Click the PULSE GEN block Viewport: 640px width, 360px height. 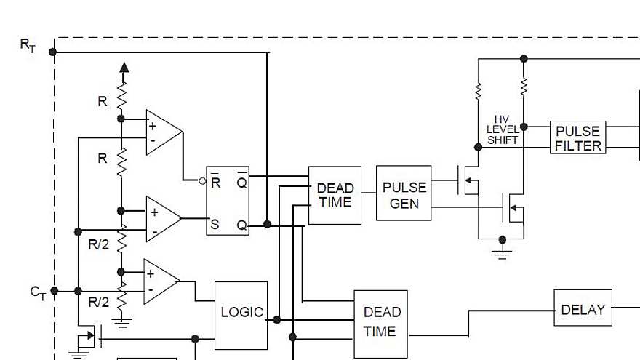[404, 193]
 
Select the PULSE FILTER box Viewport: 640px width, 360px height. [577, 137]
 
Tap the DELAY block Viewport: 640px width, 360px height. [583, 308]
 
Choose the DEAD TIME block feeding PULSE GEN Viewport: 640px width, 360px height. [335, 195]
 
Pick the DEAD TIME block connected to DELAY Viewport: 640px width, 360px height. [380, 323]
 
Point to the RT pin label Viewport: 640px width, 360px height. [28, 45]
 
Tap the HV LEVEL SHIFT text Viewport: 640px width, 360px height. [502, 129]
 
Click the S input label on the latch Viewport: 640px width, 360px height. [215, 225]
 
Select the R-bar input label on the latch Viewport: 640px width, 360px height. [216, 183]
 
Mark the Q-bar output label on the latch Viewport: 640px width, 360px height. [241, 183]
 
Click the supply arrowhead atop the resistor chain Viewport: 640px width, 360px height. [124, 68]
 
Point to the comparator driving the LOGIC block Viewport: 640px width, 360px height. [161, 282]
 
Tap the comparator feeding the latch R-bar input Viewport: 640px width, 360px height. [163, 132]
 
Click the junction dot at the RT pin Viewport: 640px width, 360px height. [52, 52]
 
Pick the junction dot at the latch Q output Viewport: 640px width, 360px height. [267, 225]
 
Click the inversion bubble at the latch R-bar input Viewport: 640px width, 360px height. [203, 180]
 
